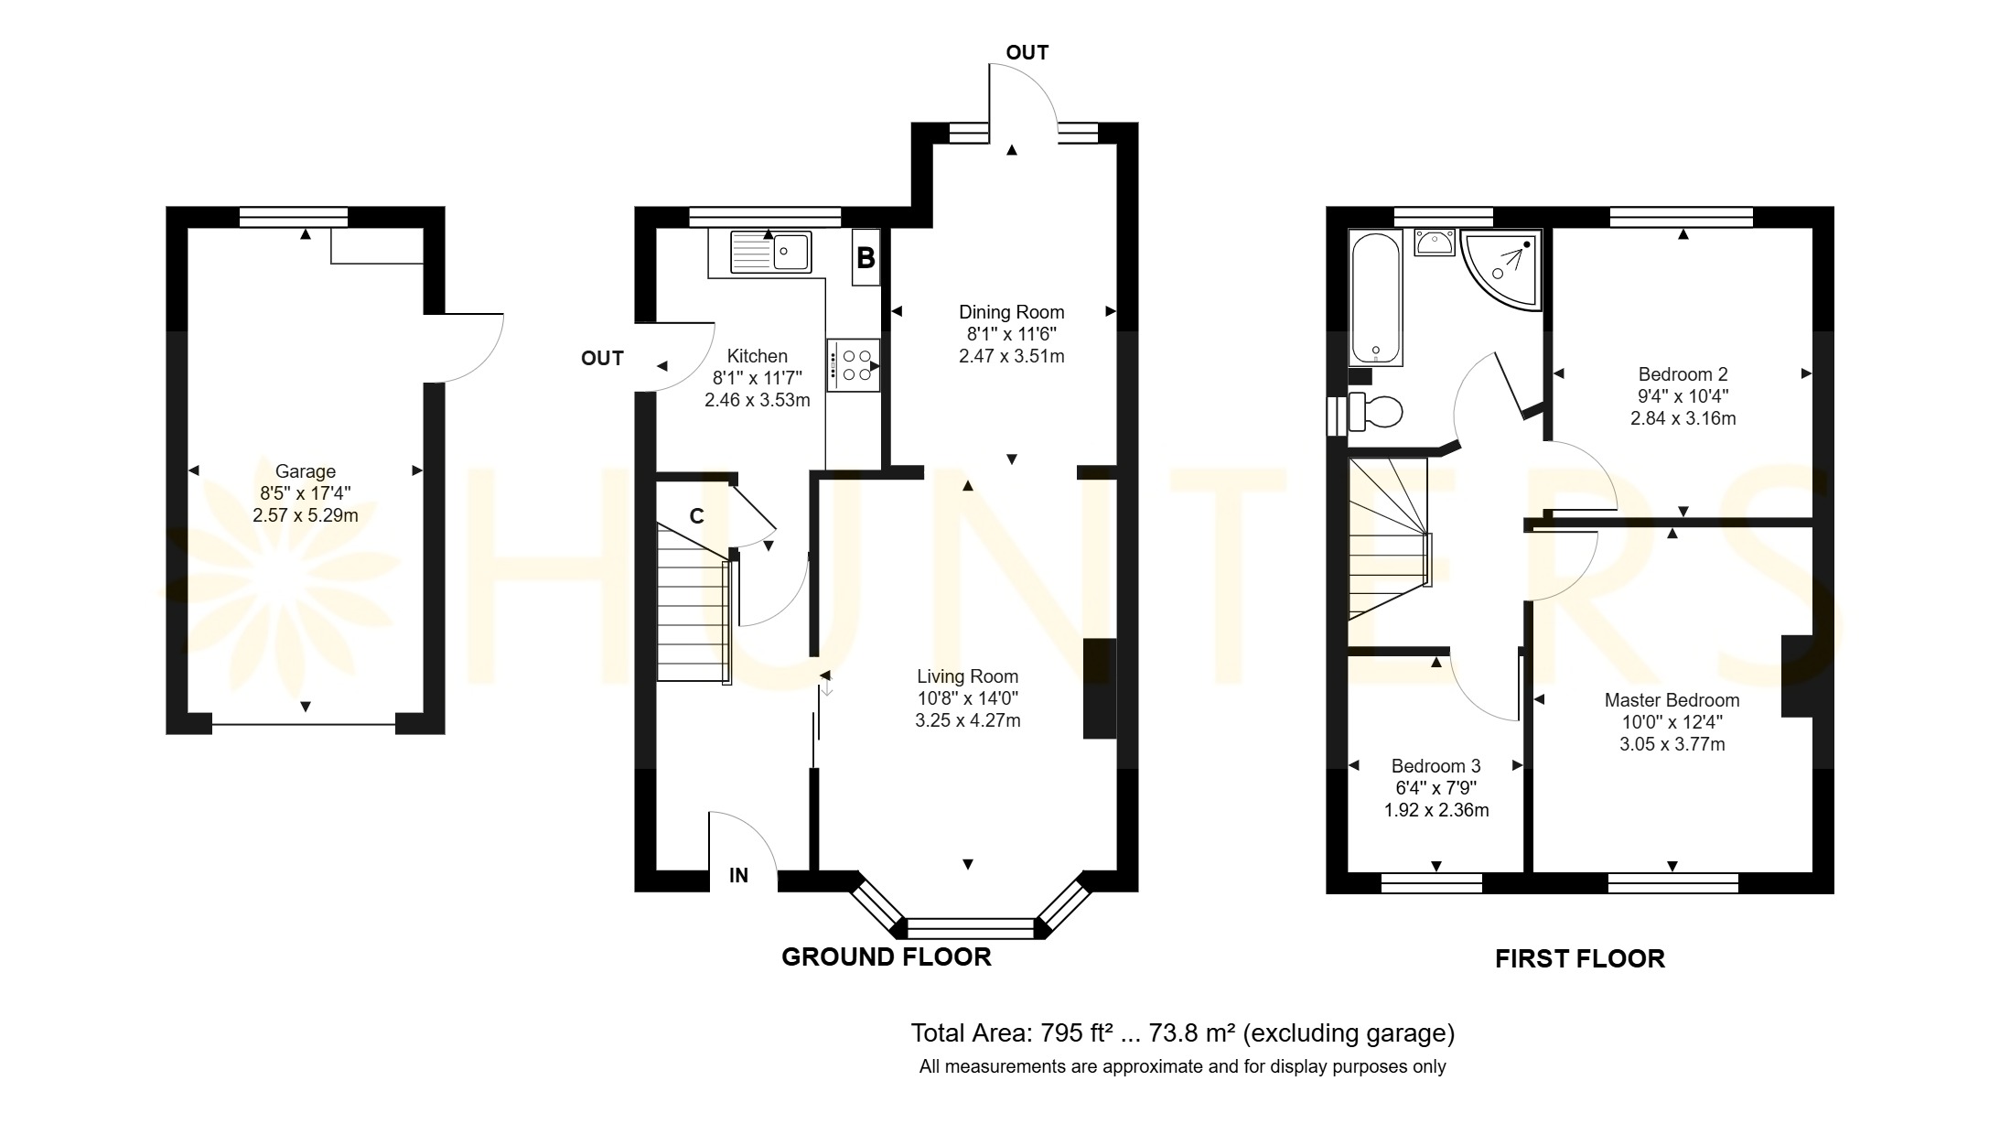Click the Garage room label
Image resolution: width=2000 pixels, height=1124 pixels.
(306, 471)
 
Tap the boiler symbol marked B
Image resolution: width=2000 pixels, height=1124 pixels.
(866, 258)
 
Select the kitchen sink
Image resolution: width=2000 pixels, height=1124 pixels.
(770, 251)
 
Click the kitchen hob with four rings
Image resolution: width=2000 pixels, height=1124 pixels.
(854, 365)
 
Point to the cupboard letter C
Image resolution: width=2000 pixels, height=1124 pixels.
(696, 516)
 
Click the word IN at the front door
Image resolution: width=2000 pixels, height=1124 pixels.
(738, 876)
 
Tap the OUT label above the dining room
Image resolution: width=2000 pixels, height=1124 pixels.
(1027, 53)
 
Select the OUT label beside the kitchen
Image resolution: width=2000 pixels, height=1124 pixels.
(602, 359)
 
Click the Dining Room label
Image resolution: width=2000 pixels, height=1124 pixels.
(1012, 312)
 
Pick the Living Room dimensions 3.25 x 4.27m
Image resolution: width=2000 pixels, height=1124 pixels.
(968, 721)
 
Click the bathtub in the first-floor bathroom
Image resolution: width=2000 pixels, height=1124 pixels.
(1377, 298)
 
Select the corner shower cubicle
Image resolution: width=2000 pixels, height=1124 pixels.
(1501, 269)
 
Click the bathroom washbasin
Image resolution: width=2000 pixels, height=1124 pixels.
(1435, 243)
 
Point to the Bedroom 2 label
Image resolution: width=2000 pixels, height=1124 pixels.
(1683, 374)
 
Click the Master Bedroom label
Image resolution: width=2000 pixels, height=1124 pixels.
(1672, 700)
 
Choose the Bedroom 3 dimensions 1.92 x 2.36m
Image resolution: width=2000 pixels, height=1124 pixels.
(1436, 810)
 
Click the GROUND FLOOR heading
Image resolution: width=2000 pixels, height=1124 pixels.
(887, 957)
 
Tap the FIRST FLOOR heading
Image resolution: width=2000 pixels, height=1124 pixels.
(1580, 959)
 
